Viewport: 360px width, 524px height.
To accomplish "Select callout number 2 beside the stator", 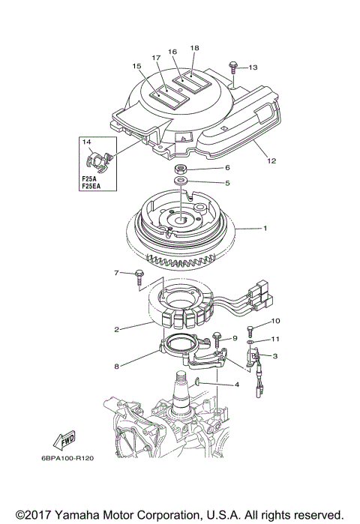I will tap(117, 328).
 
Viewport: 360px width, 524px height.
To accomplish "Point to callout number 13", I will tap(253, 68).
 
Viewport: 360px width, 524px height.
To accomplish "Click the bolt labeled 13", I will tap(233, 71).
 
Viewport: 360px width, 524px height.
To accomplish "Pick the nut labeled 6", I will tap(181, 168).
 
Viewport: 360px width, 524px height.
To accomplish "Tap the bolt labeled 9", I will tap(217, 340).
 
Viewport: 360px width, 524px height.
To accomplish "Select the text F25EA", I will tap(93, 185).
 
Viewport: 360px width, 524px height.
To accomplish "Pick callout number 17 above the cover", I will tap(157, 58).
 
